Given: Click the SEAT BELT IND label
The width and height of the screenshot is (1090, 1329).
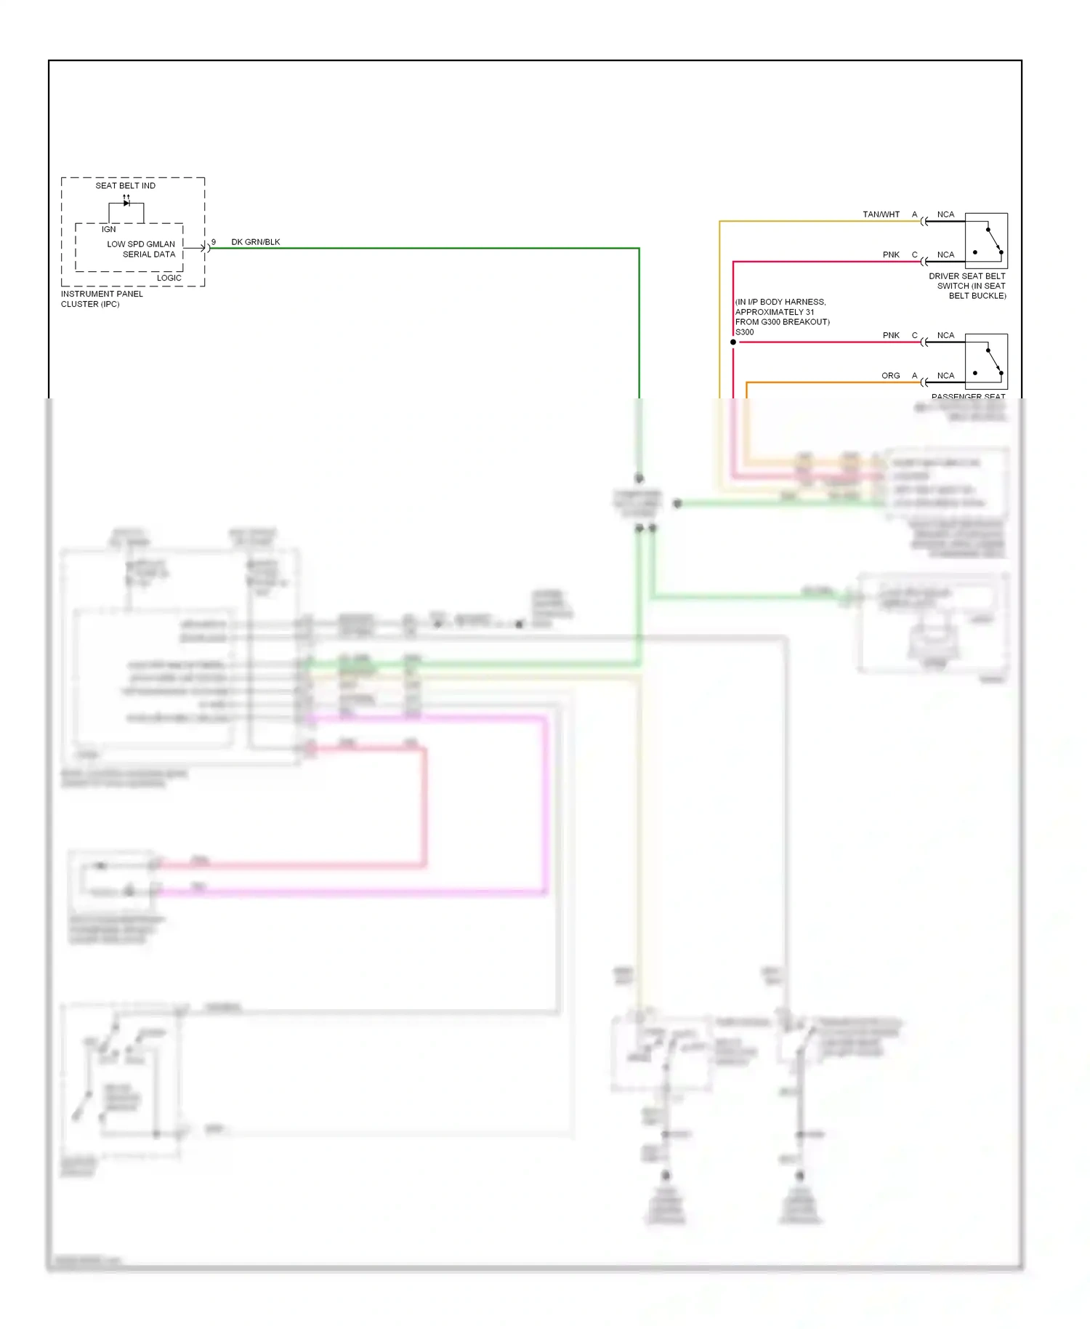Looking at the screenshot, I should click(125, 185).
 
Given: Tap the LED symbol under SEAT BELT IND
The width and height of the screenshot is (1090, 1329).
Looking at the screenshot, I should click(126, 203).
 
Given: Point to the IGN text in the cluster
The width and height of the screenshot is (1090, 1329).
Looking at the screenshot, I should click(108, 229).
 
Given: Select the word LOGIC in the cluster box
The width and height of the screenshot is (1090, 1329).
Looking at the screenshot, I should click(169, 278).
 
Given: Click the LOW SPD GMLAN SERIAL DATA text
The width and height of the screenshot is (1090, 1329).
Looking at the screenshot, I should click(142, 249).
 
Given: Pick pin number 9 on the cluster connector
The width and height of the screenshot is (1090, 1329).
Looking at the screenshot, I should click(214, 242).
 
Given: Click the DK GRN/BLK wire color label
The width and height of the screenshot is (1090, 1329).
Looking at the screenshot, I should click(256, 242).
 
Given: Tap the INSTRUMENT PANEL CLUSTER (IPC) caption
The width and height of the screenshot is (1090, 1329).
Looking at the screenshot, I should click(102, 299).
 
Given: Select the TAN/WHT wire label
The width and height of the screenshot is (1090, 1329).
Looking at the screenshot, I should click(881, 214).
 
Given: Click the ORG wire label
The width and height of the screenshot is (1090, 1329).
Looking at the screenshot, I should click(890, 376).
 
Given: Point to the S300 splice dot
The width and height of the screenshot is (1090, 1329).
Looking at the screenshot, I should click(733, 342).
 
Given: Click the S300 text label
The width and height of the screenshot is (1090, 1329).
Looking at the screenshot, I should click(745, 332).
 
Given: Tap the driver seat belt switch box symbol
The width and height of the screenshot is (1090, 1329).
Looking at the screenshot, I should click(986, 241).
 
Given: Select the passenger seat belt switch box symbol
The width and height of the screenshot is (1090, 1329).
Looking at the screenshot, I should click(986, 361).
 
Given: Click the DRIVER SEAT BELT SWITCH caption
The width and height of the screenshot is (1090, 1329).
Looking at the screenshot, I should click(967, 286).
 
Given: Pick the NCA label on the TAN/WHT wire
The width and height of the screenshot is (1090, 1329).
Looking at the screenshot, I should click(945, 214).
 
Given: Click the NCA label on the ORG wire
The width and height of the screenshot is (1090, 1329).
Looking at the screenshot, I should click(945, 376).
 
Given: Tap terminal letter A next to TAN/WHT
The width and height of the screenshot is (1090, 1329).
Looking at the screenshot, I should click(915, 214).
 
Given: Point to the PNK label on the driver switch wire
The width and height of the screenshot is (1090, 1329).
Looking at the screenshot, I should click(891, 255).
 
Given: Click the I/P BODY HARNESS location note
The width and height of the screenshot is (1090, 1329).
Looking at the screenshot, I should click(782, 312).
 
